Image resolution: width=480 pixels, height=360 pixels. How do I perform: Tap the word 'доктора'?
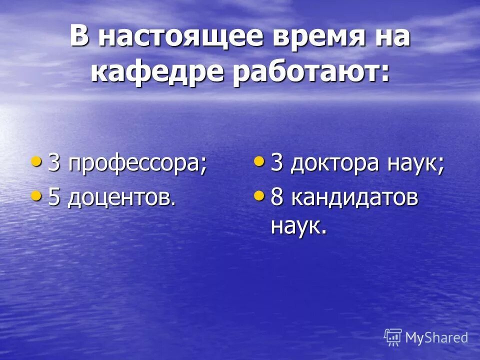click(333, 164)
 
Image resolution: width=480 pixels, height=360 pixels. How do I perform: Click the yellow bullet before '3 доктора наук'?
click(259, 161)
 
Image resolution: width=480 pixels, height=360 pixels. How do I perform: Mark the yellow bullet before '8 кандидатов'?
click(259, 195)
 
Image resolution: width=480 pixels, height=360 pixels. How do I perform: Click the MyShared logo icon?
click(393, 337)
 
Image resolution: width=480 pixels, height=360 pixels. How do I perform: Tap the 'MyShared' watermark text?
click(436, 337)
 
